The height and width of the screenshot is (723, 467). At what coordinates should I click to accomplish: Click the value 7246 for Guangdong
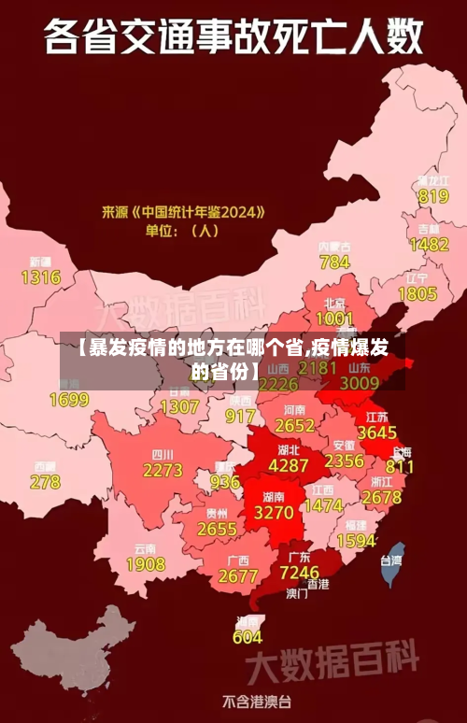pyautogui.click(x=300, y=571)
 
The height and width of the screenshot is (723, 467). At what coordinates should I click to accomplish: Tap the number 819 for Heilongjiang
pyautogui.click(x=433, y=196)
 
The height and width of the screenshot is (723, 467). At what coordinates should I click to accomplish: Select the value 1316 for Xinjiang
pyautogui.click(x=40, y=276)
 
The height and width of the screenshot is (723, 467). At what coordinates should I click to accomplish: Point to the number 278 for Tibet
pyautogui.click(x=45, y=482)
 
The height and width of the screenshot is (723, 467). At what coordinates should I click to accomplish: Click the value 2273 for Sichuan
pyautogui.click(x=163, y=471)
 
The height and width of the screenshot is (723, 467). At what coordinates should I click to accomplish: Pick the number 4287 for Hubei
pyautogui.click(x=288, y=464)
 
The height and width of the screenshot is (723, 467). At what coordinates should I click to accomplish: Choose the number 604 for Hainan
pyautogui.click(x=247, y=637)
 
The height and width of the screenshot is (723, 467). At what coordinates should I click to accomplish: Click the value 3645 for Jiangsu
pyautogui.click(x=377, y=432)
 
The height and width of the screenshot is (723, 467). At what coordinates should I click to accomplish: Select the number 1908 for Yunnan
pyautogui.click(x=146, y=564)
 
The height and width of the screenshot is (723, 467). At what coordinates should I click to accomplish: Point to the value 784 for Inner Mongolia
pyautogui.click(x=334, y=262)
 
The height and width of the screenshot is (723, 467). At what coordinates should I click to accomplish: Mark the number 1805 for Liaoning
pyautogui.click(x=417, y=293)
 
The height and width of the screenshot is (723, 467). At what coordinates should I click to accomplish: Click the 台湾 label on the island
pyautogui.click(x=390, y=560)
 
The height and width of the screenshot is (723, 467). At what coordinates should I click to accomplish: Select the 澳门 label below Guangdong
pyautogui.click(x=297, y=592)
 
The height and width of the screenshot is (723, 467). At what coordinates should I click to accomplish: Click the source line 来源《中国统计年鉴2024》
pyautogui.click(x=183, y=212)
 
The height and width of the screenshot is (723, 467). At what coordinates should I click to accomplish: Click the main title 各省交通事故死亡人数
pyautogui.click(x=233, y=40)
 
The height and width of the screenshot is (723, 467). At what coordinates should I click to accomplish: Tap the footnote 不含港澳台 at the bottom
pyautogui.click(x=257, y=701)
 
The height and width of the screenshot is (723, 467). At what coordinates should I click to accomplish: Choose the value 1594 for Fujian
pyautogui.click(x=356, y=540)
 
